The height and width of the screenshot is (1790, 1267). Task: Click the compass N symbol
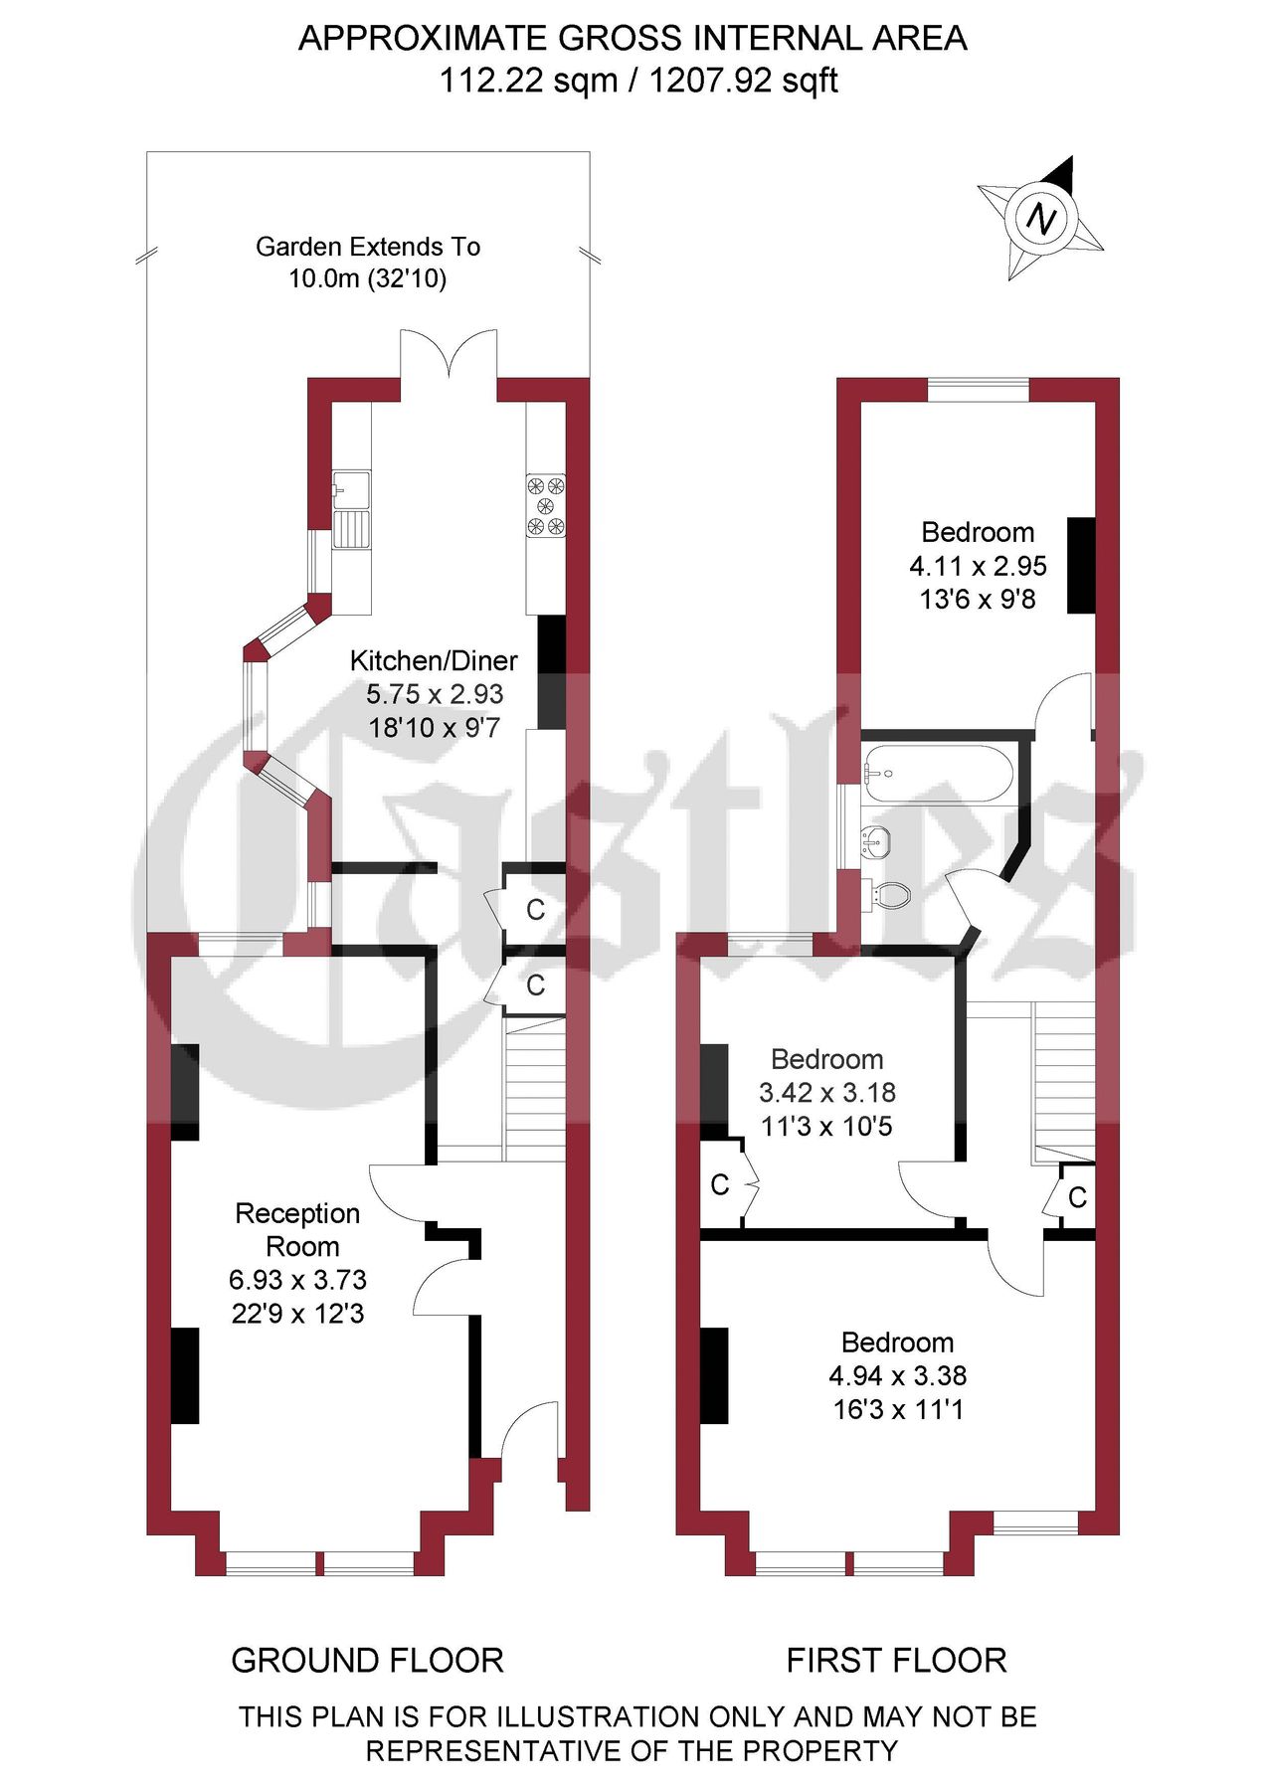pyautogui.click(x=1041, y=218)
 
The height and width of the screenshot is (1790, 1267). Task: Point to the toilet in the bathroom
pyautogui.click(x=891, y=894)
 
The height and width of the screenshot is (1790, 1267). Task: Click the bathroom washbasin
pyautogui.click(x=876, y=842)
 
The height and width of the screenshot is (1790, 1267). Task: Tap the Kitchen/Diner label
pyautogui.click(x=434, y=660)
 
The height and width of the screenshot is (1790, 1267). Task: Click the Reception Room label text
pyautogui.click(x=297, y=1229)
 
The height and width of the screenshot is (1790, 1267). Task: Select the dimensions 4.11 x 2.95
pyautogui.click(x=978, y=566)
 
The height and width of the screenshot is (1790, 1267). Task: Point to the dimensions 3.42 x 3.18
pyautogui.click(x=826, y=1093)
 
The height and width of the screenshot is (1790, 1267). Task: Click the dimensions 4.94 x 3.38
pyautogui.click(x=897, y=1375)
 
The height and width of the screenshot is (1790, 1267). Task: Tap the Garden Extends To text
pyautogui.click(x=368, y=247)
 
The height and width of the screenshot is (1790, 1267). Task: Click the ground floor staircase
pyautogui.click(x=535, y=1089)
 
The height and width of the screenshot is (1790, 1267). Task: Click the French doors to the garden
pyautogui.click(x=449, y=354)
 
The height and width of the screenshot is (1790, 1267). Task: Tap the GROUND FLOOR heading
pyautogui.click(x=367, y=1660)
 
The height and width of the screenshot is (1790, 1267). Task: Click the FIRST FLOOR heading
pyautogui.click(x=896, y=1660)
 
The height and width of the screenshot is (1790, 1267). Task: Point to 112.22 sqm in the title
pyautogui.click(x=527, y=80)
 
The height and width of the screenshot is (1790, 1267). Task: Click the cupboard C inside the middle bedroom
pyautogui.click(x=720, y=1184)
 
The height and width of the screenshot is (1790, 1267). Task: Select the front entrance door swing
pyautogui.click(x=528, y=1431)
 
